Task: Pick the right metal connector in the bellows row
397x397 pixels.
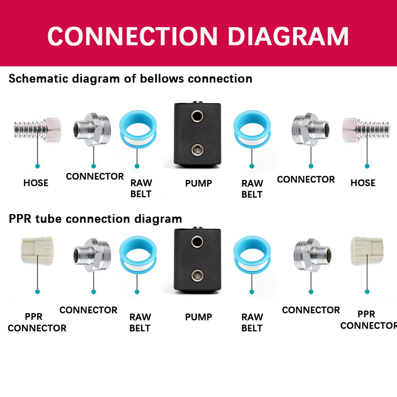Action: point(311,132)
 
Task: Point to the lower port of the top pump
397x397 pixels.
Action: point(197,149)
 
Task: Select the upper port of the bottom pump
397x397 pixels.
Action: point(197,243)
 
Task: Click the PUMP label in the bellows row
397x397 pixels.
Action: point(198,183)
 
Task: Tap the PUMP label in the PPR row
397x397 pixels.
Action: point(198,317)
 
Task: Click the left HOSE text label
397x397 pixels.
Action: point(36,183)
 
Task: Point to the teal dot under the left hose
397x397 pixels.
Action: point(37,165)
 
